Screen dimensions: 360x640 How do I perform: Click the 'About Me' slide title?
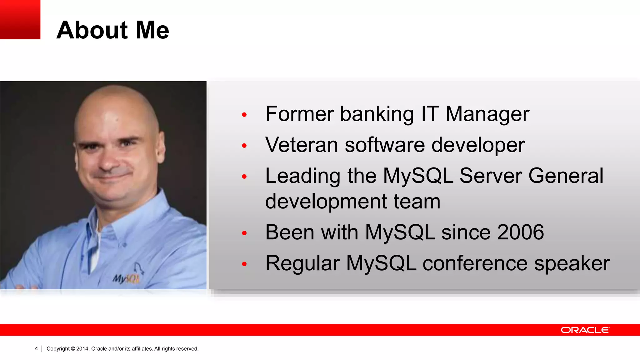tap(112, 30)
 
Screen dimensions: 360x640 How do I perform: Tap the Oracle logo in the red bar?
tap(585, 330)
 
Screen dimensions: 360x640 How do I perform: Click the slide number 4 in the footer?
tap(36, 348)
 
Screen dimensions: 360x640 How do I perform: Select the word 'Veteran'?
tap(302, 145)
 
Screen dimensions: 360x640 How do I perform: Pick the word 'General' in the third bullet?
tap(566, 176)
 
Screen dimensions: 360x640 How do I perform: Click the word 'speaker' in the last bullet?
tap(572, 263)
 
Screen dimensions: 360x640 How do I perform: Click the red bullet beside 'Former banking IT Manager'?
tap(244, 115)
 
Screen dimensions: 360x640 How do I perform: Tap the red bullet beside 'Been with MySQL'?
tap(244, 233)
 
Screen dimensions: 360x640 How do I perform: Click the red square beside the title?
tap(20, 19)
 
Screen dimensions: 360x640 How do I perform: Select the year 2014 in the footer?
tap(82, 349)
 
